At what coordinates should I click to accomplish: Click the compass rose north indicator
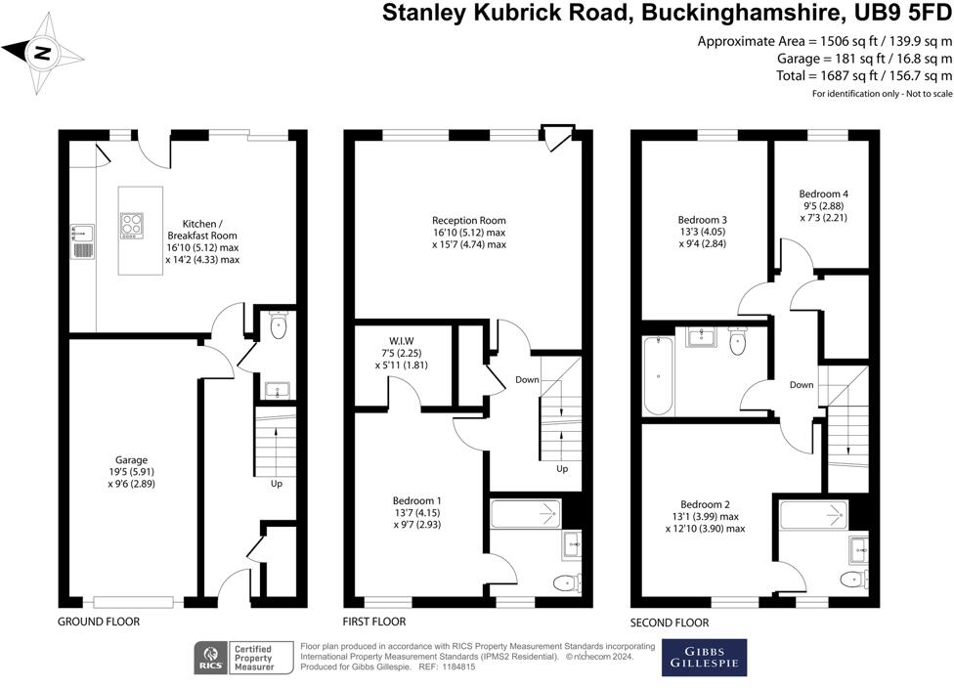pyautogui.click(x=41, y=54)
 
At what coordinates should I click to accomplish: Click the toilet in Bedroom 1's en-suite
pyautogui.click(x=565, y=583)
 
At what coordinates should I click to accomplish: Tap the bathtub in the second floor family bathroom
pyautogui.click(x=658, y=376)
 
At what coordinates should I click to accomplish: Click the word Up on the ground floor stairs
pyautogui.click(x=277, y=482)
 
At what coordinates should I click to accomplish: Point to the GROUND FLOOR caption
pyautogui.click(x=98, y=622)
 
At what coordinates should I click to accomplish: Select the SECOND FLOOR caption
pyautogui.click(x=670, y=623)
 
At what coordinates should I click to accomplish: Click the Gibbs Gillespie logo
pyautogui.click(x=704, y=657)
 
